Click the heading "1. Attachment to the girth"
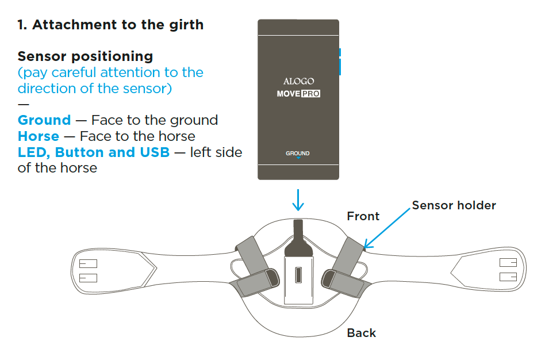click(110, 25)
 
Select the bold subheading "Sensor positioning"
click(86, 56)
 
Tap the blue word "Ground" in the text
click(44, 120)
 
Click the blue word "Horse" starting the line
click(39, 136)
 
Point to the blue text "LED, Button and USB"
click(94, 152)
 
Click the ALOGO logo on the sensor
click(298, 82)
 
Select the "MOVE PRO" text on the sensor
click(298, 94)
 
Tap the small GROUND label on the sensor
click(298, 154)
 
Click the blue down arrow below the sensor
click(298, 200)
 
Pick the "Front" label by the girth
click(363, 216)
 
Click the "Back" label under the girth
click(362, 333)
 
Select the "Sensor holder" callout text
click(454, 205)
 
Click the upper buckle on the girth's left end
click(89, 263)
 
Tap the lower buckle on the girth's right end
click(508, 277)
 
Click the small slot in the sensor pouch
click(298, 275)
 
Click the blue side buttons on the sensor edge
click(340, 62)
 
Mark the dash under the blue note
click(24, 104)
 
